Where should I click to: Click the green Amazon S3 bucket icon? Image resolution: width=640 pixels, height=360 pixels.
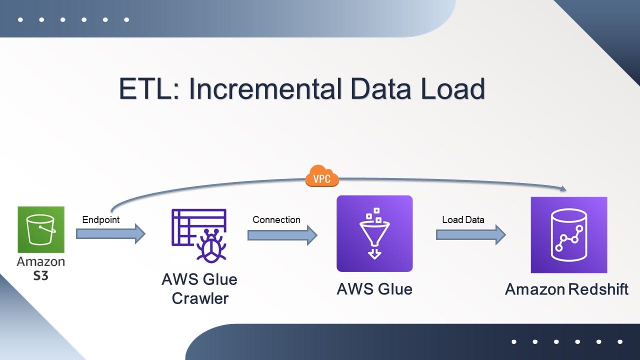[41, 229]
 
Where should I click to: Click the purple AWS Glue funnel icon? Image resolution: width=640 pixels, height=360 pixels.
[374, 233]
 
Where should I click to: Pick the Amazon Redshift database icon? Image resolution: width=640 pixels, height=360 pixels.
[569, 234]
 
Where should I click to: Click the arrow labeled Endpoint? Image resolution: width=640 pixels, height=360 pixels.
[110, 233]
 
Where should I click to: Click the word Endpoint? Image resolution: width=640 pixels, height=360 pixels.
[101, 219]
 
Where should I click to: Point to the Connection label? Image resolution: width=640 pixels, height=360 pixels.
[276, 219]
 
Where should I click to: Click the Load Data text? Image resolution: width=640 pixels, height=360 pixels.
[463, 219]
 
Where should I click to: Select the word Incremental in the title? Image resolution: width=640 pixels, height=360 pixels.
[265, 89]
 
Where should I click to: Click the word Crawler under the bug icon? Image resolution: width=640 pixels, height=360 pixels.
[200, 298]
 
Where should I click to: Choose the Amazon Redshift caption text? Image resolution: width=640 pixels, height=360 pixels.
[567, 289]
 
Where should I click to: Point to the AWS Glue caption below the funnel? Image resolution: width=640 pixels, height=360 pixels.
[374, 289]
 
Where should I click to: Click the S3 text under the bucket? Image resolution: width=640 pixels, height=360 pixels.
[40, 274]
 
